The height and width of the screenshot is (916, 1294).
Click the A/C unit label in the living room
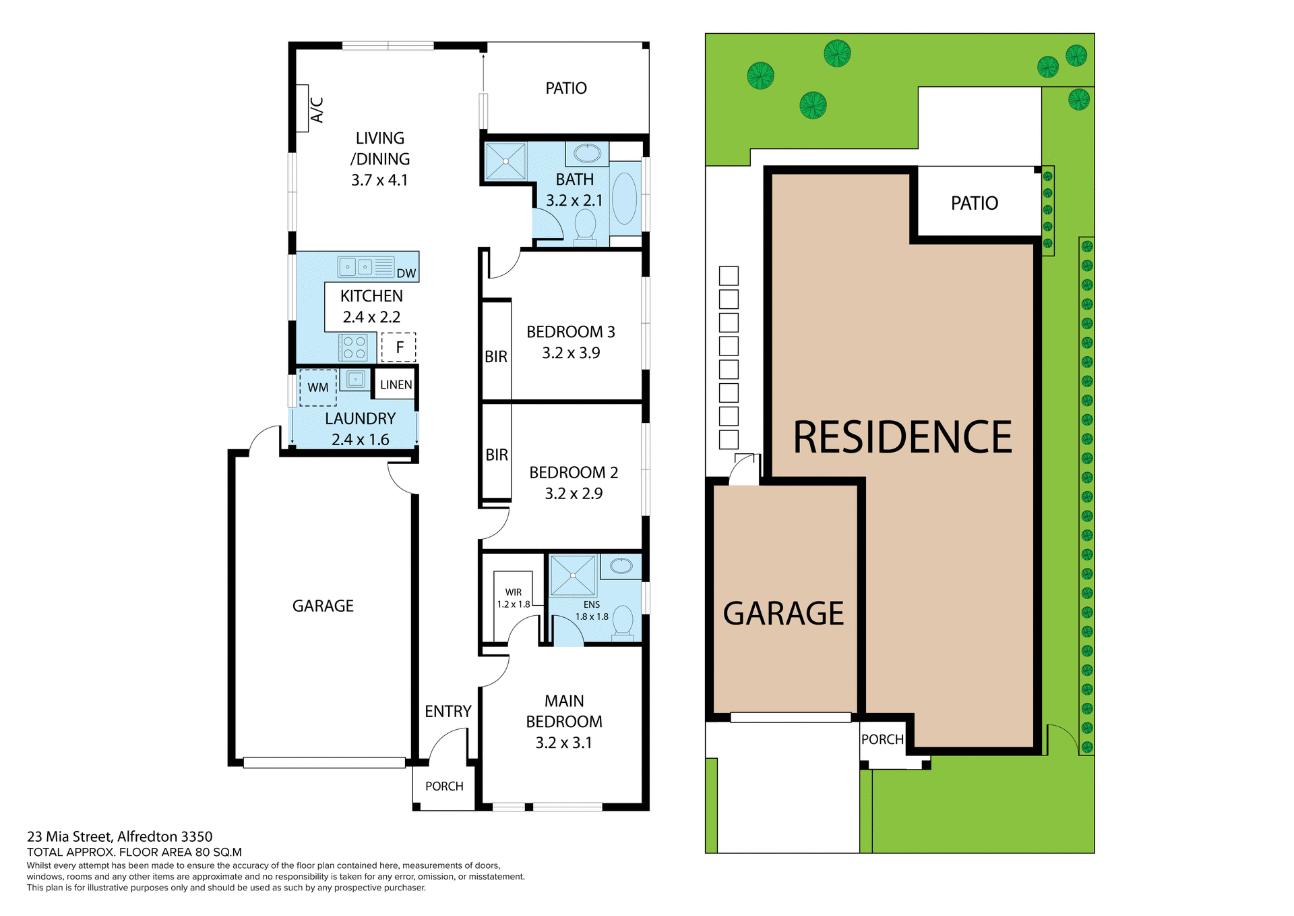[x=317, y=110]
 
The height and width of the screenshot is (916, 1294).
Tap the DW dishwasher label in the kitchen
[x=406, y=273]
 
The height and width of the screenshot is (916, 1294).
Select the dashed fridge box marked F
[x=399, y=347]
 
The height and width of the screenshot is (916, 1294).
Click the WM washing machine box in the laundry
[x=318, y=387]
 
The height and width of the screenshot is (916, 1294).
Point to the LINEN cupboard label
[x=396, y=384]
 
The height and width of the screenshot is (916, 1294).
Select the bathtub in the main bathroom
[x=625, y=199]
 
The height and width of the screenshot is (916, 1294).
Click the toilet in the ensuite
[x=622, y=623]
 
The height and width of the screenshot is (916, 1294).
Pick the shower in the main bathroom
[x=505, y=161]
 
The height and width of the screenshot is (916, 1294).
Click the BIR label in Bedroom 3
[x=496, y=357]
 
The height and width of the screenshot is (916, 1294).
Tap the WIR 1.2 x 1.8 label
[x=514, y=598]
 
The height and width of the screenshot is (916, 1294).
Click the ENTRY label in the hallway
[x=448, y=711]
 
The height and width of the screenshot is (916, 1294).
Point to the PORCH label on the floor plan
[x=444, y=786]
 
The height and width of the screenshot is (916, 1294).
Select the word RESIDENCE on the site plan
[x=902, y=437]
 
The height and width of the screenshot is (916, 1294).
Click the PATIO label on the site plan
[x=974, y=203]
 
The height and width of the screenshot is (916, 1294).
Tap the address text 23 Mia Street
[x=119, y=836]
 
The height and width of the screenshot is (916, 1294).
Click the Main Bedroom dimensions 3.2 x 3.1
[x=563, y=743]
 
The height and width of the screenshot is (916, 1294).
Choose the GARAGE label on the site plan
[x=783, y=613]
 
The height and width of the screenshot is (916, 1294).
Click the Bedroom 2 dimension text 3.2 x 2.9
[x=574, y=493]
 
